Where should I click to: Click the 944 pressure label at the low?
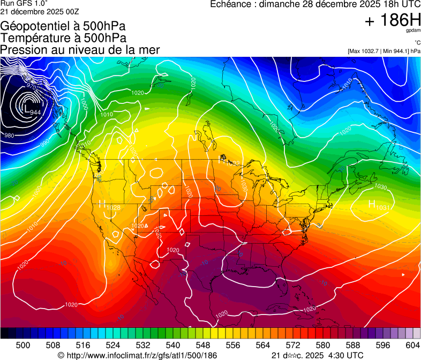click(x=35, y=112)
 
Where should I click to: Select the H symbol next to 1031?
click(x=371, y=204)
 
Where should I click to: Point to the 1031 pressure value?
click(x=382, y=208)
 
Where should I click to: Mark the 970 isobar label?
click(x=32, y=86)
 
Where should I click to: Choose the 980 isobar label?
click(x=9, y=136)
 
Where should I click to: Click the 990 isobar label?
click(x=44, y=142)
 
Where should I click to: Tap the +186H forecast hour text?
click(x=392, y=21)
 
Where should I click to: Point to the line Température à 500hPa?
click(x=63, y=38)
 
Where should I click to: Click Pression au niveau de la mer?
click(x=80, y=50)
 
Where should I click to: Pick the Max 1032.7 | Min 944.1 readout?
click(x=384, y=51)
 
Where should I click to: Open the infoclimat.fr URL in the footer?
click(x=138, y=355)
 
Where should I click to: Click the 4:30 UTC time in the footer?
click(x=342, y=355)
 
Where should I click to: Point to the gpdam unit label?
click(x=413, y=31)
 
